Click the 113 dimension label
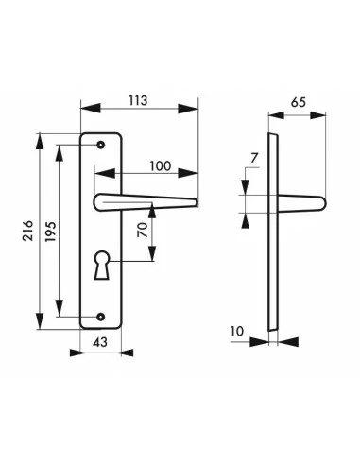[138, 100]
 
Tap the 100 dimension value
[160, 165]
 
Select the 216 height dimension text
[28, 231]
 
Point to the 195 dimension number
[51, 232]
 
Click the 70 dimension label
[143, 230]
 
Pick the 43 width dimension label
[100, 341]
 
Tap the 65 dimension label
[298, 102]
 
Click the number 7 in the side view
[254, 158]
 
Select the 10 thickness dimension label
[237, 331]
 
